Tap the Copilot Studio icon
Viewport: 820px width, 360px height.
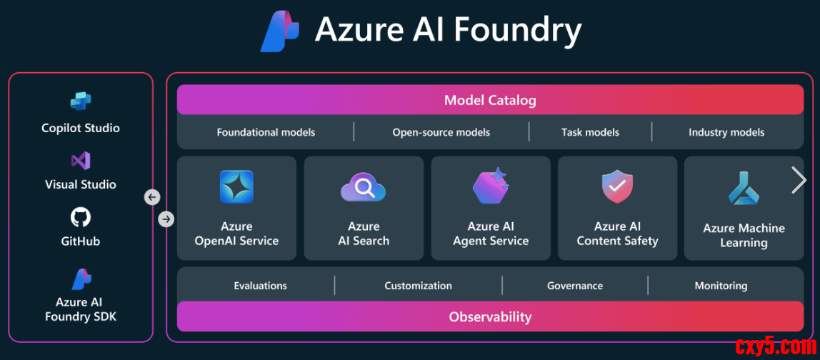click(81, 102)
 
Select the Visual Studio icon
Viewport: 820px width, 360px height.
click(81, 161)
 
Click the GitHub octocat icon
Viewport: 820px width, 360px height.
click(81, 217)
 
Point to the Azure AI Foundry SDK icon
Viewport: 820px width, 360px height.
click(81, 279)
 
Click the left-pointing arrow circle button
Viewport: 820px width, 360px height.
click(152, 197)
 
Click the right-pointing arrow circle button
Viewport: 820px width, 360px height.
click(166, 219)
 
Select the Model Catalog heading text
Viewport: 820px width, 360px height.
click(490, 100)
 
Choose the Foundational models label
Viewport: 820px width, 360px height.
click(266, 132)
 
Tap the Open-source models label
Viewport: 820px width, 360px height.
click(441, 132)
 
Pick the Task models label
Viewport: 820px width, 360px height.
click(590, 132)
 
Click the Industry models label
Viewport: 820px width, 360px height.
click(726, 132)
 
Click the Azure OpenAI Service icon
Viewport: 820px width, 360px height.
click(236, 187)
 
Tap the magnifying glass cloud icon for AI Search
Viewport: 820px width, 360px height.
click(364, 188)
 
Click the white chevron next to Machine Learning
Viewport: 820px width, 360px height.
click(799, 180)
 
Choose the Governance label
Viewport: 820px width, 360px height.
click(575, 286)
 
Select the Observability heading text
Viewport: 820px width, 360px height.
click(490, 316)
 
